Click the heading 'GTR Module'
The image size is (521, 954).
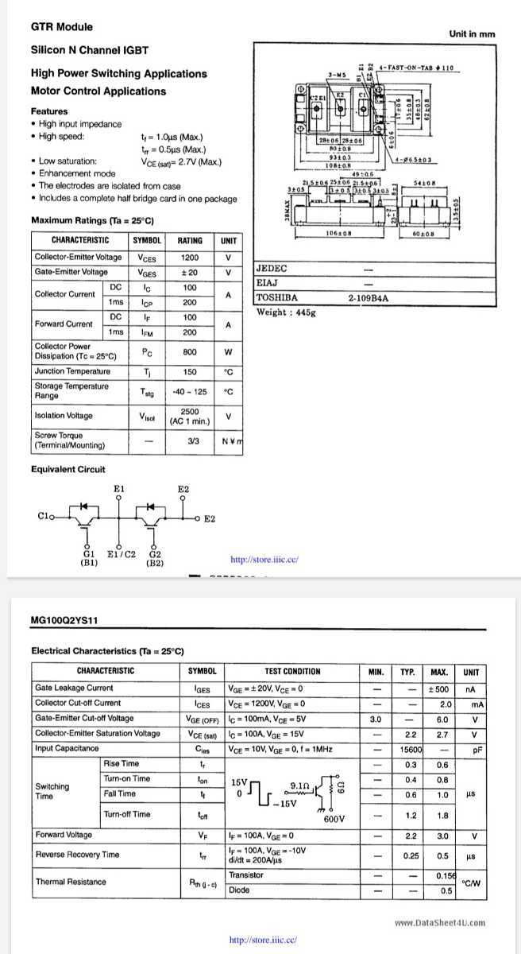[x=61, y=26]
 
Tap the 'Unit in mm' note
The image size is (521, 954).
[x=471, y=33]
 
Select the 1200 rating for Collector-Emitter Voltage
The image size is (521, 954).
[x=189, y=258]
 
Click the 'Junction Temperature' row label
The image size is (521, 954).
[x=72, y=371]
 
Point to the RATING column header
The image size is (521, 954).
[x=189, y=240]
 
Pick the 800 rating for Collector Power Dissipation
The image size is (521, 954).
[x=189, y=351]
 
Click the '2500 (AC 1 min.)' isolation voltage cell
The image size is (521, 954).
[x=189, y=416]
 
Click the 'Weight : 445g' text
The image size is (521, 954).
[x=286, y=312]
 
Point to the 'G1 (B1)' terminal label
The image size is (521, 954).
[x=89, y=557]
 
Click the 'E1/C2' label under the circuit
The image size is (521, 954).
[x=121, y=553]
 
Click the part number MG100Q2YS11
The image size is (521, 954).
[x=64, y=619]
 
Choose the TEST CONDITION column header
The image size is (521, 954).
[x=292, y=671]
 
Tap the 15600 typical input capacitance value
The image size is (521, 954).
[x=411, y=748]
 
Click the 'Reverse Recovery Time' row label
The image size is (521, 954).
[x=77, y=855]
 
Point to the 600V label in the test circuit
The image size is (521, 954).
[x=334, y=819]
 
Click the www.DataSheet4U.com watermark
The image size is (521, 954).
[x=439, y=923]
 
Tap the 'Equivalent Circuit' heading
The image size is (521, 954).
[x=68, y=469]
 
